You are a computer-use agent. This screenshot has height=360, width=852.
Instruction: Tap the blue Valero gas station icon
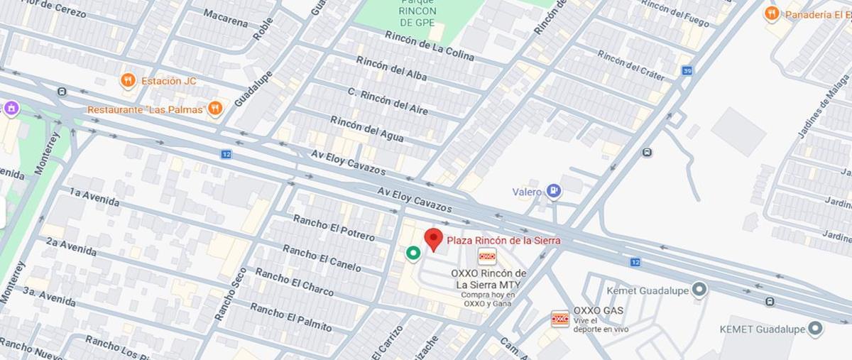point(555,191)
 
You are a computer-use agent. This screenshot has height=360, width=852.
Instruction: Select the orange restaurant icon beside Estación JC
point(128,80)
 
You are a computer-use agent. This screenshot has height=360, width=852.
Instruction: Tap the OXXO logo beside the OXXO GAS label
point(560,319)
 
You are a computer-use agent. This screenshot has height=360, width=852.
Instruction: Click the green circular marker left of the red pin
point(412,252)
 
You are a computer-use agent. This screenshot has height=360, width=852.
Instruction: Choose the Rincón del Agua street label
point(366,129)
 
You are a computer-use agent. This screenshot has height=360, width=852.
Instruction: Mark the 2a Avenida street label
point(72,246)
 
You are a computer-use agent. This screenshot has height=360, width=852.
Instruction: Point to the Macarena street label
point(225,18)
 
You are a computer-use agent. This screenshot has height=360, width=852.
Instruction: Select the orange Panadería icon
point(772,13)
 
